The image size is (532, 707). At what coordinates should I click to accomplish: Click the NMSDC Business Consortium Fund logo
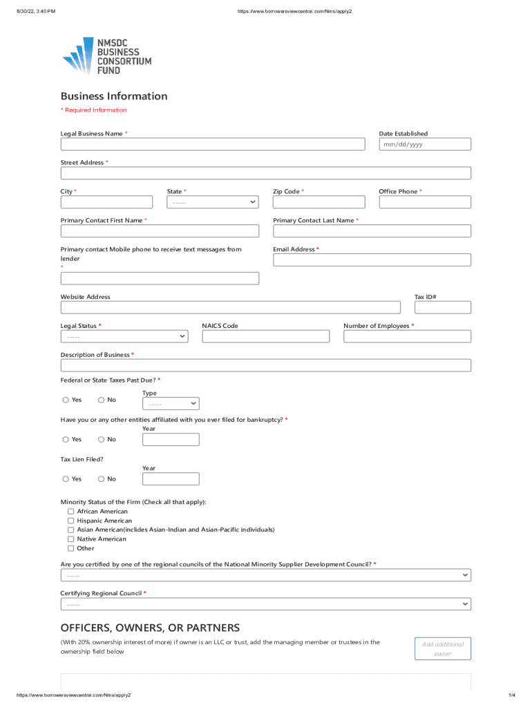(107, 56)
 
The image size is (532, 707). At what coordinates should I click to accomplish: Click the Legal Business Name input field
(213, 144)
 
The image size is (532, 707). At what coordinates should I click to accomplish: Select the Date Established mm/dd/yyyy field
(425, 144)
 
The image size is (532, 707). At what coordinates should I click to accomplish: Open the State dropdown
(213, 202)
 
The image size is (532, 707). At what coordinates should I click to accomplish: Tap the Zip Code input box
(319, 202)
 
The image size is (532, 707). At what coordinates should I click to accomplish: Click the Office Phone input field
(425, 202)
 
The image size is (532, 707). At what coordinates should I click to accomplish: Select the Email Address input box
(372, 260)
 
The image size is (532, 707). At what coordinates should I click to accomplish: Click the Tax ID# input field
(443, 308)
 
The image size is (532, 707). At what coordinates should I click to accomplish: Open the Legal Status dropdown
(124, 336)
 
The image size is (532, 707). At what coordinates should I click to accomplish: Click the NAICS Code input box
(266, 336)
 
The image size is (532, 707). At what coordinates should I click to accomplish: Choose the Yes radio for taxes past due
(66, 400)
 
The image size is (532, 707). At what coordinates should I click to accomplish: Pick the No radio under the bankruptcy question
(102, 439)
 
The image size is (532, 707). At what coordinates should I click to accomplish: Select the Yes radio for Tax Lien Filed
(66, 478)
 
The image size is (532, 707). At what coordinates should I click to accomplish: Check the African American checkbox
(70, 512)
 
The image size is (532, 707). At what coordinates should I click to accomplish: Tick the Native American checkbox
(70, 539)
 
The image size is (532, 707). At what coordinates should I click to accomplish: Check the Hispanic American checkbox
(70, 521)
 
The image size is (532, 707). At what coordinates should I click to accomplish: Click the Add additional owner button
(443, 648)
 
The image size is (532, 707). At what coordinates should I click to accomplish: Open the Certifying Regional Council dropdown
(266, 604)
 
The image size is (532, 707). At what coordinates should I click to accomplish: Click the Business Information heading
(114, 96)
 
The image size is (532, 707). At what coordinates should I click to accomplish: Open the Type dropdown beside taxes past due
(171, 404)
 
